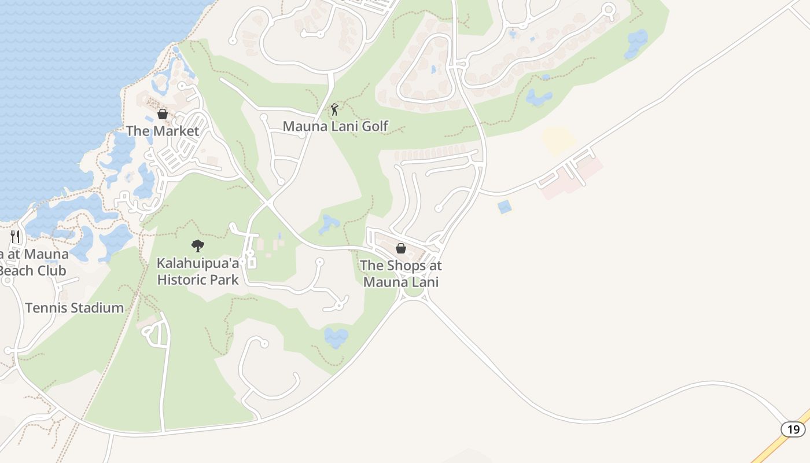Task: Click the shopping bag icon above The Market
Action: [x=163, y=114]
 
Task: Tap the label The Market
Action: [x=163, y=131]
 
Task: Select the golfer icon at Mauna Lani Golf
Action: [x=334, y=109]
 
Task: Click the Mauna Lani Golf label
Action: [x=335, y=126]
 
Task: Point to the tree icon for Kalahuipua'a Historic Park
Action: [x=198, y=246]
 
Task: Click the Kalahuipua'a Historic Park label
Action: [x=198, y=271]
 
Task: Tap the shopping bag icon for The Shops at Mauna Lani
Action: [x=400, y=249]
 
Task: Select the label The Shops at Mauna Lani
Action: [x=401, y=274]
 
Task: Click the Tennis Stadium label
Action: [x=75, y=308]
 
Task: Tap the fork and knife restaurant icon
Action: [x=15, y=237]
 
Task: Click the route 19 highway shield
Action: [x=793, y=429]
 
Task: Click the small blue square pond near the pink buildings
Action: [x=505, y=207]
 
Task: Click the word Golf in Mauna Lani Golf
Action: [x=375, y=126]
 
